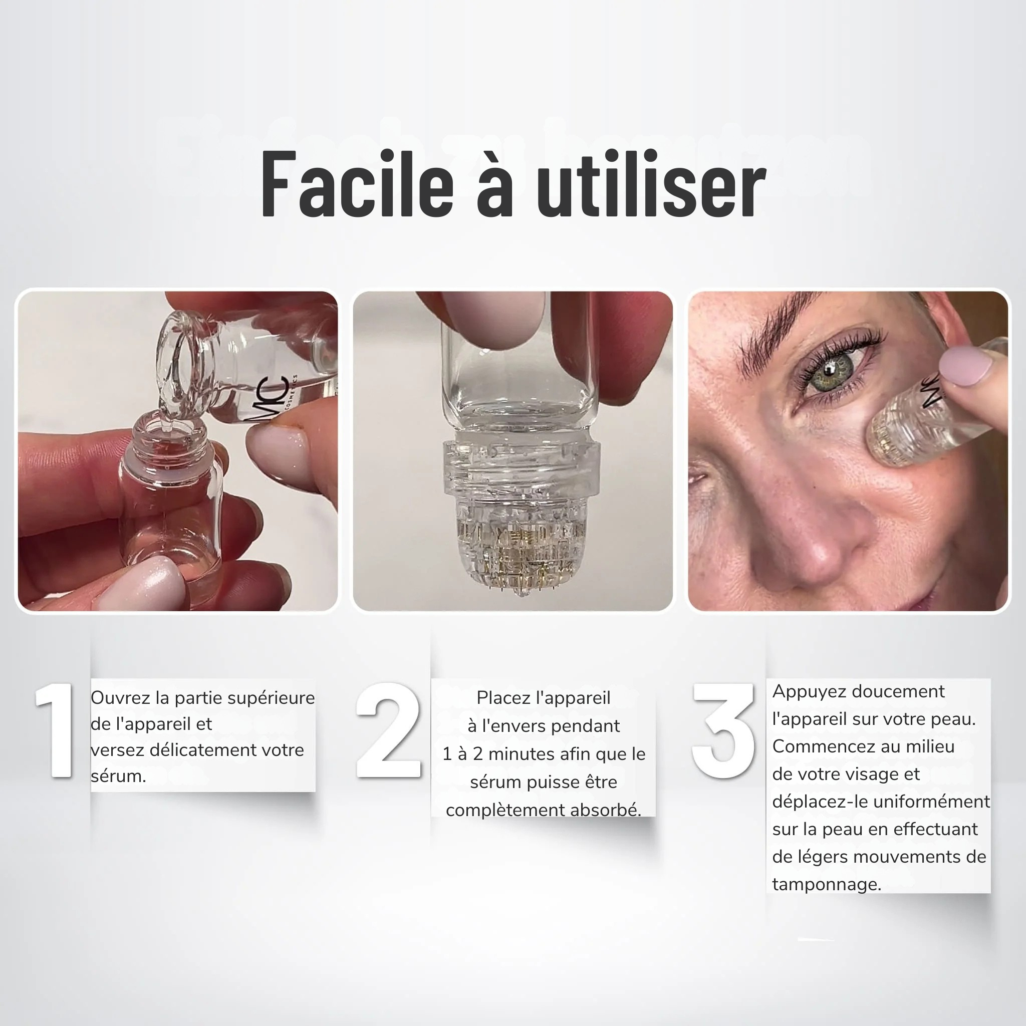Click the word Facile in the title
pos(357,184)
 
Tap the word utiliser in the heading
pos(651,184)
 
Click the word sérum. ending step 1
pos(118,776)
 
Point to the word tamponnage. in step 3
pos(827,885)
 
